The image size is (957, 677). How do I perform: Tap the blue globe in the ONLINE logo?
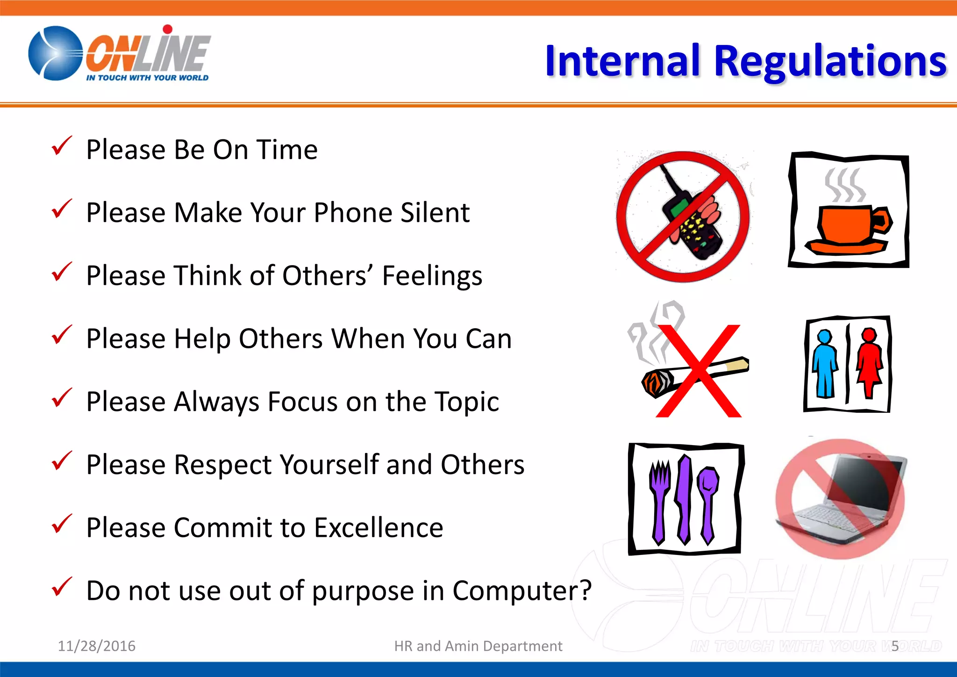pos(55,53)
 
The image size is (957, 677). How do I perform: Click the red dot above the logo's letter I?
pos(168,29)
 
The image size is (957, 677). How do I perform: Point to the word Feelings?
pos(432,276)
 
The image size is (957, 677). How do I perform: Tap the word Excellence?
pos(379,528)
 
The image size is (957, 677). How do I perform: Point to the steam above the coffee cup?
pos(845,185)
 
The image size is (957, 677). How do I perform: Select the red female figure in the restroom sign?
pos(869,362)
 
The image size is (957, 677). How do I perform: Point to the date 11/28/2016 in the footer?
pos(96,646)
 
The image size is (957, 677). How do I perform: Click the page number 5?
pos(894,646)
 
